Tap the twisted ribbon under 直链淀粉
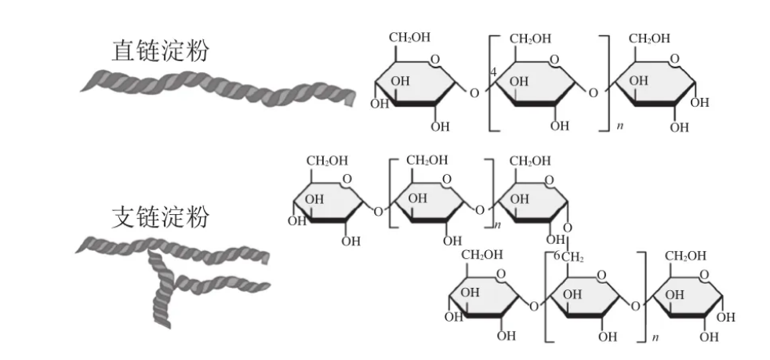point(220,88)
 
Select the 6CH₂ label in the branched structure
point(566,257)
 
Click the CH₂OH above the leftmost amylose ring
point(411,38)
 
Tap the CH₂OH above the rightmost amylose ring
point(650,38)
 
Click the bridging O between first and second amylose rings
point(473,93)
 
